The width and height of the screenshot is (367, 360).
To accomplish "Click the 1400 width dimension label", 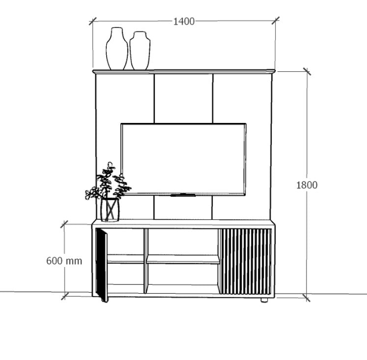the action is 184,22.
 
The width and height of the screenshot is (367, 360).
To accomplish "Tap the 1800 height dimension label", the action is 307,185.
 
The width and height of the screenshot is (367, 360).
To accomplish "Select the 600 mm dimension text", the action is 64,261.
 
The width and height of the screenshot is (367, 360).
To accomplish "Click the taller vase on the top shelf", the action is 117,49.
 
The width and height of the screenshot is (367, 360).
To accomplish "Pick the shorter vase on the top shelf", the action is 140,51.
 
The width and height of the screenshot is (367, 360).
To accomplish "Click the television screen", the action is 183,159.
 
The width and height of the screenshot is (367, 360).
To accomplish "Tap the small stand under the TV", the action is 183,195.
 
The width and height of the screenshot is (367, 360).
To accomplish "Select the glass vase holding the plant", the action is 110,210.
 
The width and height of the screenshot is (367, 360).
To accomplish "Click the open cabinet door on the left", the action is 102,265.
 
